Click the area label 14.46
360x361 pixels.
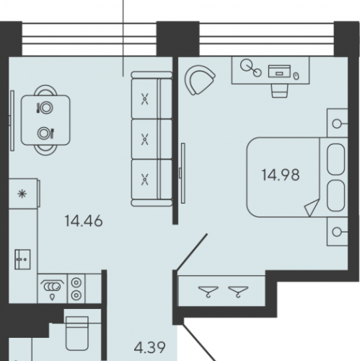coord(84,221)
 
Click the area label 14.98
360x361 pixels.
coord(281,175)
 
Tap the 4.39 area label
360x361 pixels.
coord(149,347)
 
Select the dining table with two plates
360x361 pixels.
coord(45,120)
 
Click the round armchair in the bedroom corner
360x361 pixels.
coord(199,80)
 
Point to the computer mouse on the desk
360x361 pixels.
coord(297,76)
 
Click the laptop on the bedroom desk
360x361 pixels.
coord(279,71)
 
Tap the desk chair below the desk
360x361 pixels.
coord(279,91)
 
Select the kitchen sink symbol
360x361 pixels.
coord(22,259)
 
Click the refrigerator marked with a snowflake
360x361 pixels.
coord(24,193)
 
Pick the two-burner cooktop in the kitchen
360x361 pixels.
coord(76,288)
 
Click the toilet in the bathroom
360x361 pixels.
coord(77,333)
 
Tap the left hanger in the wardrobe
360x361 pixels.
coord(208,291)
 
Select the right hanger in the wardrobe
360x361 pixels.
coord(238,291)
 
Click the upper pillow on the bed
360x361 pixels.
coord(336,160)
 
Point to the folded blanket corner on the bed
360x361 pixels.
coord(312,207)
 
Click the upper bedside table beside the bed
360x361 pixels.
coord(337,123)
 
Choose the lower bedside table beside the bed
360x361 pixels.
coord(337,232)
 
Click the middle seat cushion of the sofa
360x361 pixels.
coord(152,139)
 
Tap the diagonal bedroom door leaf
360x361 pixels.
coord(192,252)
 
